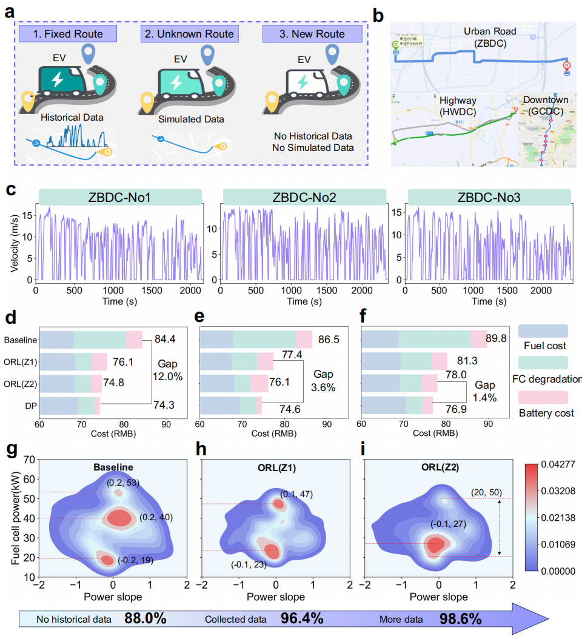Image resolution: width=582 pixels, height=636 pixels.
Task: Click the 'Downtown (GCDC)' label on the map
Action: pos(546,105)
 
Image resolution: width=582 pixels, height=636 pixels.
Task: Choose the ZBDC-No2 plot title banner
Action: pos(304,197)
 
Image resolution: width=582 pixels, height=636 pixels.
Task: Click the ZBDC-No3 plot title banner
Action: pos(489,197)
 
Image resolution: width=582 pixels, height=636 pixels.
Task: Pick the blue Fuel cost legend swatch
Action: pos(543,331)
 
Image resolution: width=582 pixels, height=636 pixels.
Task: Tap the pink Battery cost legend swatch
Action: pos(543,397)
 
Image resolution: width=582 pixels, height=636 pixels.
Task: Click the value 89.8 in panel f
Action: pos(501,337)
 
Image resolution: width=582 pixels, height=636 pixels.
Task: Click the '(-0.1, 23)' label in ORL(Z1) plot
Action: pos(249,564)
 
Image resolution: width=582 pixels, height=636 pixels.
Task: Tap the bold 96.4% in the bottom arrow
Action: pos(301,619)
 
